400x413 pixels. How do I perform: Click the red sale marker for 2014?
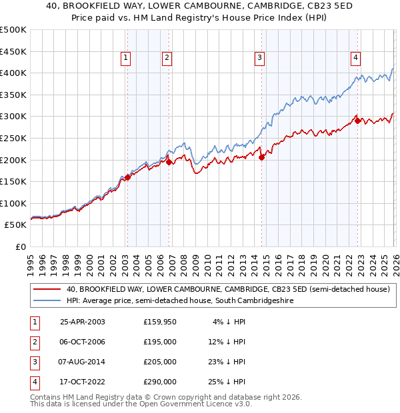(x=261, y=158)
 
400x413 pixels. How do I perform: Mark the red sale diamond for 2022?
(x=358, y=121)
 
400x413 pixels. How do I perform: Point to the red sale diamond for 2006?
(x=169, y=162)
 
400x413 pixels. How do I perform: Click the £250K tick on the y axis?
(x=13, y=138)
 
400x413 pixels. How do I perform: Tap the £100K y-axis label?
(x=13, y=203)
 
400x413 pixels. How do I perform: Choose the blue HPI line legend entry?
(x=181, y=301)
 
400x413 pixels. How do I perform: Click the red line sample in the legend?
(x=47, y=289)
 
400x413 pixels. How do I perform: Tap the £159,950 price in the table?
(x=160, y=322)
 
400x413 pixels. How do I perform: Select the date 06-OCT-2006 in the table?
(x=82, y=342)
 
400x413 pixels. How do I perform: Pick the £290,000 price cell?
(x=160, y=382)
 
